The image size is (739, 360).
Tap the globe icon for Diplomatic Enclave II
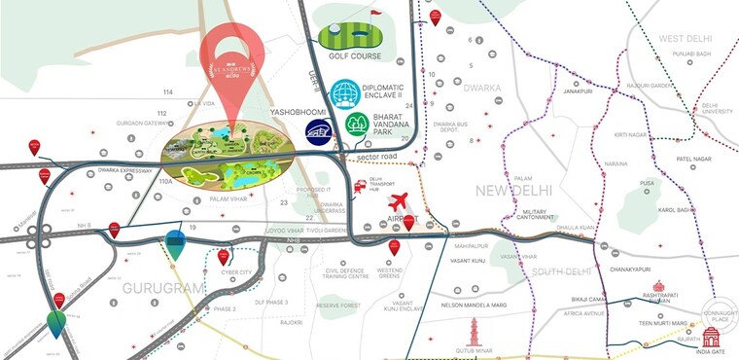pos(344,94)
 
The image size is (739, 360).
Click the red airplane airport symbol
pos(397,202)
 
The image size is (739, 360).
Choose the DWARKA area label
pos(482,89)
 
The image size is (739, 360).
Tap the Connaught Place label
pos(719,316)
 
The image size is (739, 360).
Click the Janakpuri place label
pos(577,92)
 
